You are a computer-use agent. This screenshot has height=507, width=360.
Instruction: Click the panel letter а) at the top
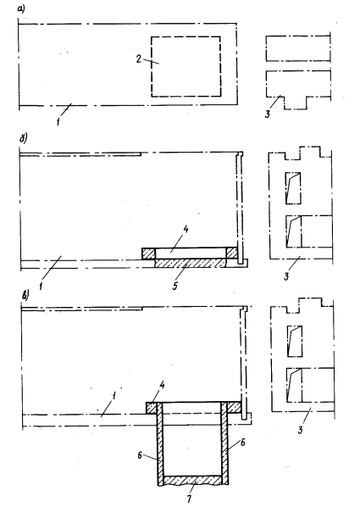(20, 9)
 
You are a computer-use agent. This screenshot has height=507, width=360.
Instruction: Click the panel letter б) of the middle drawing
(23, 138)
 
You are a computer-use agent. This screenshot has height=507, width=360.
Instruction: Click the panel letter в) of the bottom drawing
(25, 296)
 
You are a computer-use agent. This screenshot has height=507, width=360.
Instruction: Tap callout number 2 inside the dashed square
(138, 59)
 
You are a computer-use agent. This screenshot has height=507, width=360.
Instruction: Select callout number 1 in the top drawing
(58, 122)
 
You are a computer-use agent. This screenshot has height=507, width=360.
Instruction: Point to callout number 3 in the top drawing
(268, 114)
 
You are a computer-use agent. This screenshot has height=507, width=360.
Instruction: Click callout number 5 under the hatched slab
(174, 286)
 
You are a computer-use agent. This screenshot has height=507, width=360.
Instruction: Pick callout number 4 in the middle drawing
(186, 230)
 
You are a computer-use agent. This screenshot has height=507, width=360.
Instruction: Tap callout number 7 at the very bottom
(189, 499)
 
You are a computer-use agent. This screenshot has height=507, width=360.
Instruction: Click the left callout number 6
(140, 455)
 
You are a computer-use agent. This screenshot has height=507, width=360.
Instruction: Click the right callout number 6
(243, 442)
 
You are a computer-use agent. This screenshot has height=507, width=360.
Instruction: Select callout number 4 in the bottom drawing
(163, 385)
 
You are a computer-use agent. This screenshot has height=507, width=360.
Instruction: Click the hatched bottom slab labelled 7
(191, 481)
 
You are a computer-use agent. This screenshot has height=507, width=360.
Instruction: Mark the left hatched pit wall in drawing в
(159, 443)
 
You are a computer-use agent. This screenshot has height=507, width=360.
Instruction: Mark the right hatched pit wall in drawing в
(224, 443)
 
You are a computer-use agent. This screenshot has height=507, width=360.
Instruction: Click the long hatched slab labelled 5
(191, 263)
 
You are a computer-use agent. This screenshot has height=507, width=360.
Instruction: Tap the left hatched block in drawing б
(148, 253)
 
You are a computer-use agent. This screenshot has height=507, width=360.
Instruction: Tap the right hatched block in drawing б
(232, 253)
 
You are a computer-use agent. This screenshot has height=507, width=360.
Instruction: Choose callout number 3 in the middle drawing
(286, 276)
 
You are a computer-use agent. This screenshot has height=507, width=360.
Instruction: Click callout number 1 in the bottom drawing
(114, 397)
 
